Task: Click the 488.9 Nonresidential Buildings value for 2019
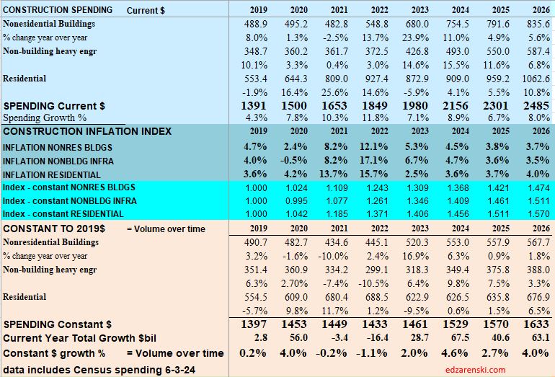coord(257,24)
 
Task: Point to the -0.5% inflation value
coord(297,160)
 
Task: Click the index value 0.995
coord(297,200)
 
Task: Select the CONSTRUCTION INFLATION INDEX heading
coord(87,132)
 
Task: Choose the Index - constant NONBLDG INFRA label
coord(70,200)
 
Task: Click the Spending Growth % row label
coord(45,117)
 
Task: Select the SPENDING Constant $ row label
coord(58,324)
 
